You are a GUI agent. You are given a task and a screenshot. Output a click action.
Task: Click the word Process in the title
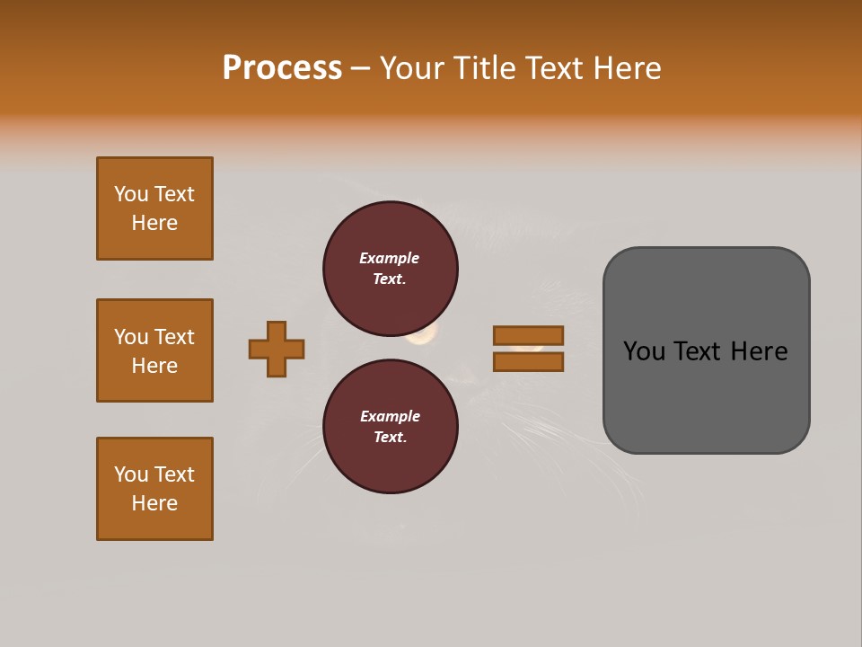tap(282, 68)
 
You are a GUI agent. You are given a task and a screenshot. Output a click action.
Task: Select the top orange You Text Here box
tap(154, 208)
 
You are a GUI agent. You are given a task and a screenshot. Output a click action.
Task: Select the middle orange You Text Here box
tap(154, 350)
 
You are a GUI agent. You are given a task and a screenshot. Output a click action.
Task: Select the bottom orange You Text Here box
tap(154, 489)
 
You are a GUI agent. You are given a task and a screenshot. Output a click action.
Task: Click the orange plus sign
tap(277, 349)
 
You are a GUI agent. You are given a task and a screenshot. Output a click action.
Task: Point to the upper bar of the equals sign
tap(528, 335)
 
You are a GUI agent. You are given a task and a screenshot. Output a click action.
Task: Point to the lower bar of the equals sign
tap(528, 362)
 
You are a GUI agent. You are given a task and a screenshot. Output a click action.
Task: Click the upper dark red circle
tap(390, 269)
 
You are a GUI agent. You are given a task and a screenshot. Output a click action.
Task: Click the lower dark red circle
tap(390, 427)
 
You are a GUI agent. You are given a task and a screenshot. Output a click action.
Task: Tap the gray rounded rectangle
tap(706, 395)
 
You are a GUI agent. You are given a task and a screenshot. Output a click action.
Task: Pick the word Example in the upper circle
tap(390, 259)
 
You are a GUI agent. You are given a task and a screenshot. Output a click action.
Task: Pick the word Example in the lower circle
tap(390, 417)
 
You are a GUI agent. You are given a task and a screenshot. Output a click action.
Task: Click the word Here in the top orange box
tap(154, 223)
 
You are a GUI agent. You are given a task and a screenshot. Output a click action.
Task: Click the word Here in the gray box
tap(759, 351)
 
